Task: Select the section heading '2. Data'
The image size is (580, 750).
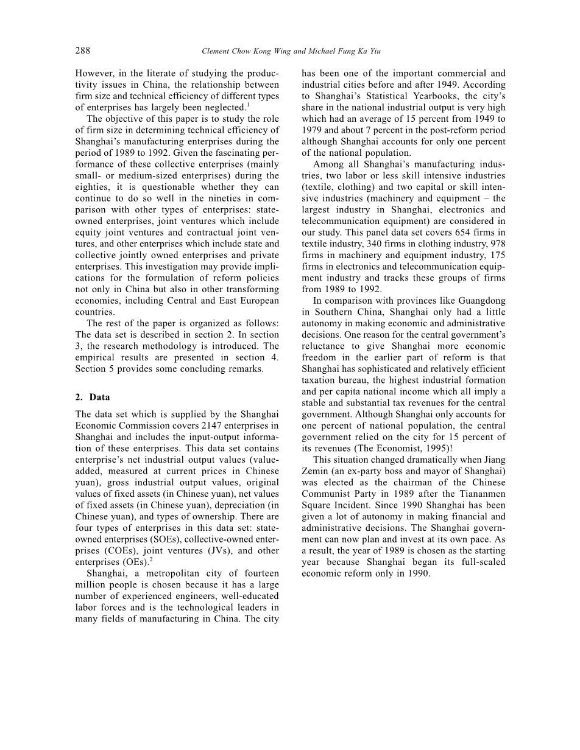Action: point(93,397)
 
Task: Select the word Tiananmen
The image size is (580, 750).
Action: point(480,494)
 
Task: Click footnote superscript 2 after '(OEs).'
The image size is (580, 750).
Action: point(150,559)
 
